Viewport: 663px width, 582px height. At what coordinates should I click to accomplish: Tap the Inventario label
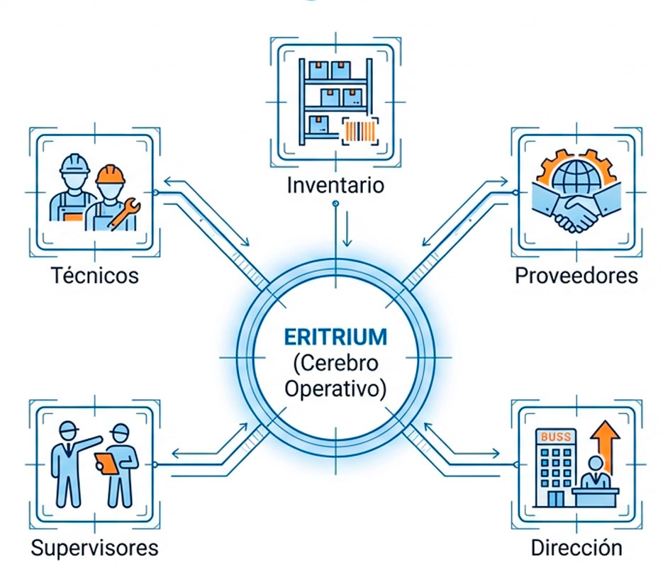(335, 186)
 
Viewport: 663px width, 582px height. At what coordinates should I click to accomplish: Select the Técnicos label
(94, 275)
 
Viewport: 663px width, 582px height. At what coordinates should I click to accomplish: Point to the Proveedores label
(576, 275)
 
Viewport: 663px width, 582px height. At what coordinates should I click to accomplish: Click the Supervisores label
(94, 548)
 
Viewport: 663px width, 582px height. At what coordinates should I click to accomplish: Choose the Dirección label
(576, 548)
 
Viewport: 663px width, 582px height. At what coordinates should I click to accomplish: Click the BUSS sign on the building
(555, 437)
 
